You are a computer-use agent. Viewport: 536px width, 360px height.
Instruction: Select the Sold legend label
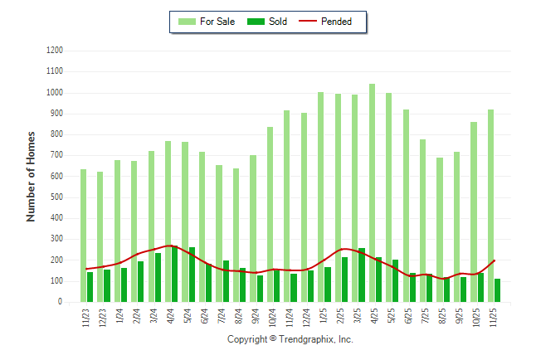pos(278,22)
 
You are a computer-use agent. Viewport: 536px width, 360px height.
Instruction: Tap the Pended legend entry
pos(337,22)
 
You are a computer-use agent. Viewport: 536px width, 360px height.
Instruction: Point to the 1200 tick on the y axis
pos(55,51)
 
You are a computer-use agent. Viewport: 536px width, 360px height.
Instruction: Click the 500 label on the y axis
pos(57,197)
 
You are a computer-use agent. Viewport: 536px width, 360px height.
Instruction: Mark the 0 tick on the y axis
pos(61,303)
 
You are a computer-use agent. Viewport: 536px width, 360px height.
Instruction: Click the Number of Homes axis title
pos(31,176)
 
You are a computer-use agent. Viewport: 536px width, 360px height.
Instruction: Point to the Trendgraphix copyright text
pos(290,339)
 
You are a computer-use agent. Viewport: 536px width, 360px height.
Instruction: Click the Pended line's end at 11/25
pos(495,260)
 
